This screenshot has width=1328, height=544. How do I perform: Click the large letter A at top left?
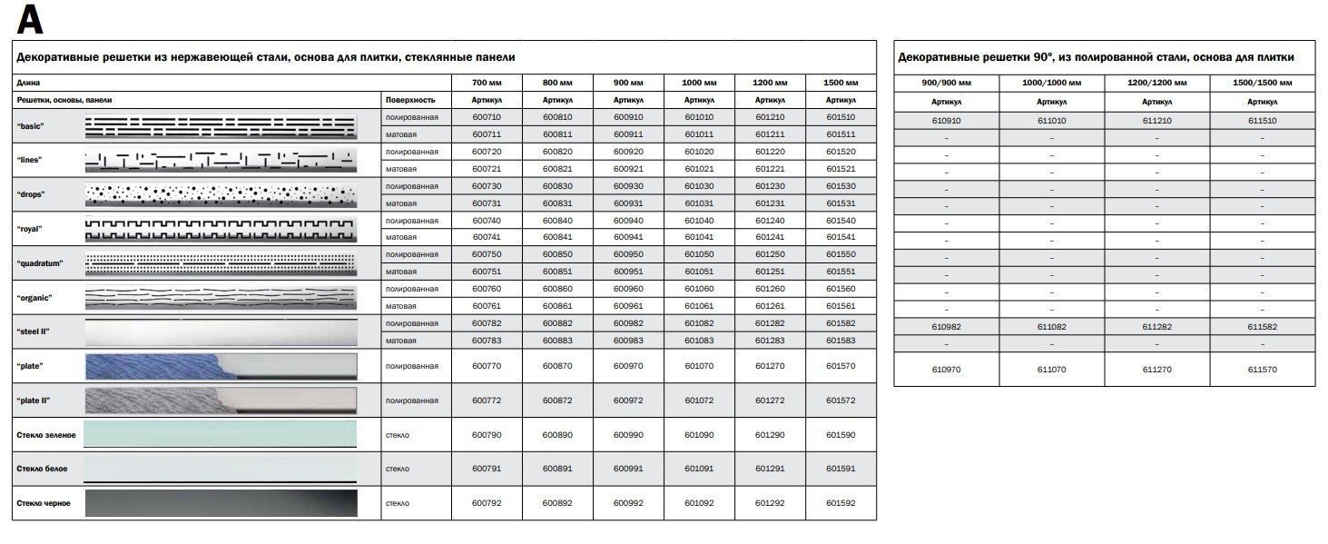pyautogui.click(x=30, y=19)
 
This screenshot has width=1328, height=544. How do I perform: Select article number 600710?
pyautogui.click(x=487, y=117)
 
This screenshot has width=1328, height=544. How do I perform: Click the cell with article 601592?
pyautogui.click(x=841, y=502)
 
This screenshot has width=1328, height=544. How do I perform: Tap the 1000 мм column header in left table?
pyautogui.click(x=699, y=83)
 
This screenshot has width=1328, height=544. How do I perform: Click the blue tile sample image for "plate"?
pyautogui.click(x=154, y=366)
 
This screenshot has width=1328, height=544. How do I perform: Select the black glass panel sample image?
pyautogui.click(x=221, y=502)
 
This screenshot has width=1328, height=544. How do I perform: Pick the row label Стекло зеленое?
pyautogui.click(x=46, y=435)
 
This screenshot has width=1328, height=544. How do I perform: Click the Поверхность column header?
pyautogui.click(x=410, y=100)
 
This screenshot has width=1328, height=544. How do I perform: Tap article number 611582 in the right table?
pyautogui.click(x=1262, y=326)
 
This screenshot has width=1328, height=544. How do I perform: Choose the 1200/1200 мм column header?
pyautogui.click(x=1156, y=83)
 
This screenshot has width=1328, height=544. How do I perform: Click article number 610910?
pyautogui.click(x=946, y=120)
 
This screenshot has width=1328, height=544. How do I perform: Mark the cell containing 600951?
pyautogui.click(x=628, y=272)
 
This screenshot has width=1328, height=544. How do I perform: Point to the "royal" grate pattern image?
pyautogui.click(x=221, y=229)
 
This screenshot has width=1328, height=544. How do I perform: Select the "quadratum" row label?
pyautogui.click(x=40, y=263)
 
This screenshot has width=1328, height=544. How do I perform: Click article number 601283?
pyautogui.click(x=770, y=341)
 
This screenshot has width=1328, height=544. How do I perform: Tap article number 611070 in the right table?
pyautogui.click(x=1051, y=370)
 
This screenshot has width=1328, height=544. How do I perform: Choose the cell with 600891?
pyautogui.click(x=557, y=469)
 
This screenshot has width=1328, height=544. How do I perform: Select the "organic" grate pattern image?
pyautogui.click(x=221, y=297)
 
